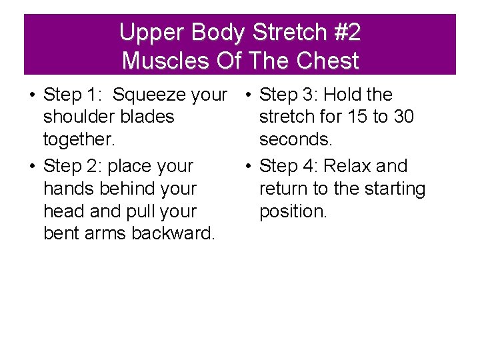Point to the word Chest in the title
[327, 61]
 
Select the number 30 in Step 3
[403, 117]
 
